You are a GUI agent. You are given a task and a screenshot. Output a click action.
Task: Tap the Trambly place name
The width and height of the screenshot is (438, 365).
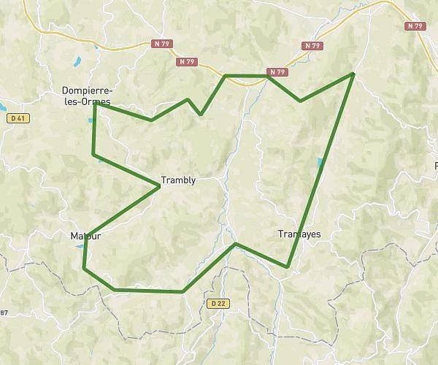[178, 180]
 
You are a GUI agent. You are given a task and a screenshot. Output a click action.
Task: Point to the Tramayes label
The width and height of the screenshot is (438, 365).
[299, 234]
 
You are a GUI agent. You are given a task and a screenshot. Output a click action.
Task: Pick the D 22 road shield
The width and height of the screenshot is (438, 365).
[214, 302]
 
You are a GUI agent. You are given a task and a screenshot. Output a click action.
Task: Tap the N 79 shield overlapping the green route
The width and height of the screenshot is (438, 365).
[277, 72]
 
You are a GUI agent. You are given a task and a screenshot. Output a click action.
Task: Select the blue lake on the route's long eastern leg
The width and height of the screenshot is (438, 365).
[320, 163]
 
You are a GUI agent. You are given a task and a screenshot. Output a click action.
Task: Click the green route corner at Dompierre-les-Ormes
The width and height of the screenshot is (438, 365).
[96, 104]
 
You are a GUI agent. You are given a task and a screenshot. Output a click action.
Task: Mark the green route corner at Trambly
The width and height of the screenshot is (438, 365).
[159, 187]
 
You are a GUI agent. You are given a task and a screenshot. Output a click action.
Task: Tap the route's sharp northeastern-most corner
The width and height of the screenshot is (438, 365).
[353, 74]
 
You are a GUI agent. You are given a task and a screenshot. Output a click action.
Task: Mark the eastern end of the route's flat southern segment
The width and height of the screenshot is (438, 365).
[182, 292]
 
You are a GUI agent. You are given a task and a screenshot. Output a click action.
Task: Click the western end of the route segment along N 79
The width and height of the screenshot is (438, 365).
[225, 75]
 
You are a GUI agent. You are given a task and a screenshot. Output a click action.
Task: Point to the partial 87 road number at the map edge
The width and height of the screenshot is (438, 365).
[3, 313]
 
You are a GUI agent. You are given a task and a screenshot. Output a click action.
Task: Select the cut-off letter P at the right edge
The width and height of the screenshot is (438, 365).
[435, 166]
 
